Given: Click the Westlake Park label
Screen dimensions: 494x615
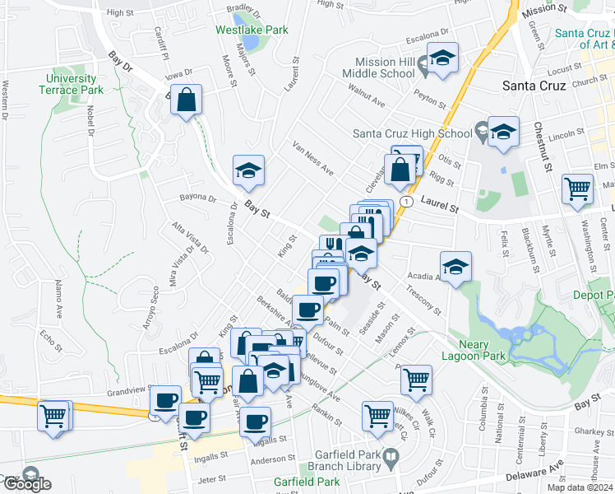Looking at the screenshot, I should click(252, 30).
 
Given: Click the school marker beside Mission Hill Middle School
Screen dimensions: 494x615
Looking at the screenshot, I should click(442, 58).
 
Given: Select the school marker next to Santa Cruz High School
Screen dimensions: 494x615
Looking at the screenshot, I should click(502, 131).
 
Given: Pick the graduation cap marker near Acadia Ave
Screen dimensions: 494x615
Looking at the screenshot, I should click(455, 267).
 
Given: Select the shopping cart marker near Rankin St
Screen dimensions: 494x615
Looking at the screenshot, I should click(377, 415).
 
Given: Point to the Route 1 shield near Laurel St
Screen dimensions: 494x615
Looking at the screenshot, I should click(405, 201).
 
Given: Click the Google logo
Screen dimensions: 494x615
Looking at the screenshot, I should click(26, 484).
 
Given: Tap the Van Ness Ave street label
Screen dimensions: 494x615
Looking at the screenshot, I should click(314, 158).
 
